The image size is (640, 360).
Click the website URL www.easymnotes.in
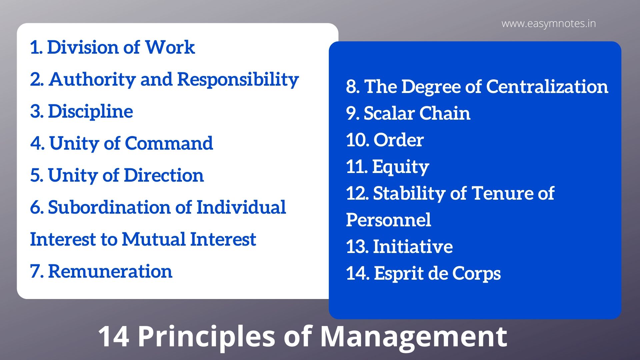pyautogui.click(x=548, y=24)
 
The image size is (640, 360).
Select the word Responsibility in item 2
pyautogui.click(x=238, y=79)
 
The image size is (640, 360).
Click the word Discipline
pyautogui.click(x=90, y=111)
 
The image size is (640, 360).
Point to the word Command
pyautogui.click(x=169, y=143)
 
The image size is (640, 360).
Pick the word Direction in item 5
pyautogui.click(x=164, y=175)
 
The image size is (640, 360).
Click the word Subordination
pyautogui.click(x=109, y=207)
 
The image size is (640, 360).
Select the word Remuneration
pyautogui.click(x=110, y=271)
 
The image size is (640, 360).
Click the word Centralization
pyautogui.click(x=547, y=87)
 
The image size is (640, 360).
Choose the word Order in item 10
pyautogui.click(x=398, y=140)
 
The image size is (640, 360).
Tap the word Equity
pyautogui.click(x=400, y=167)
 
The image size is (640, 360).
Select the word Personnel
pyautogui.click(x=388, y=220)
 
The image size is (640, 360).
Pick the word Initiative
pyautogui.click(x=413, y=247)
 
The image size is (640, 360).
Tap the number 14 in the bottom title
pyautogui.click(x=113, y=337)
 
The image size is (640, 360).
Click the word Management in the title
pyautogui.click(x=413, y=337)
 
